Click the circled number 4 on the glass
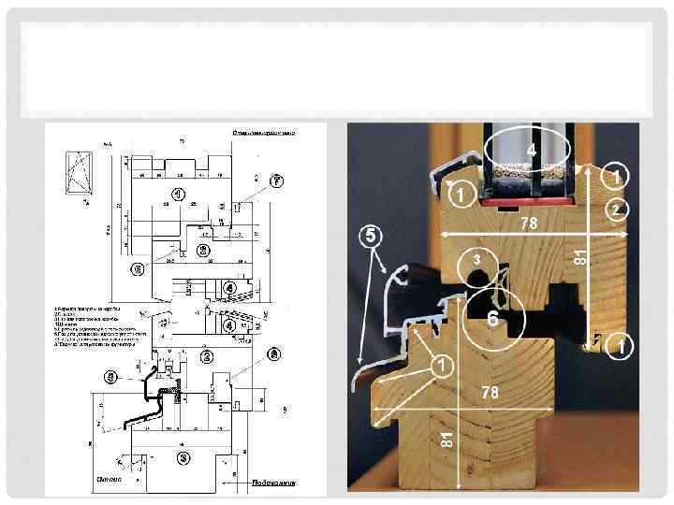(x=530, y=151)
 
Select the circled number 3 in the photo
(x=476, y=258)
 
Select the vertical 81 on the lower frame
(x=448, y=437)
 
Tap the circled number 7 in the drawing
(x=276, y=179)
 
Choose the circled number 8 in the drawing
(x=273, y=353)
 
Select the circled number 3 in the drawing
(x=183, y=456)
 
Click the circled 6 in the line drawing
(x=138, y=269)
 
